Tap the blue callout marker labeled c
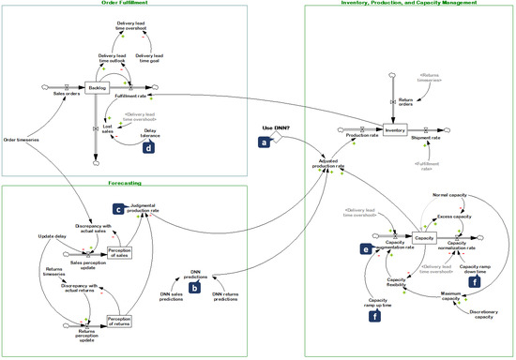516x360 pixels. [x=118, y=210]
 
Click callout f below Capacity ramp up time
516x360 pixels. [x=374, y=317]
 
